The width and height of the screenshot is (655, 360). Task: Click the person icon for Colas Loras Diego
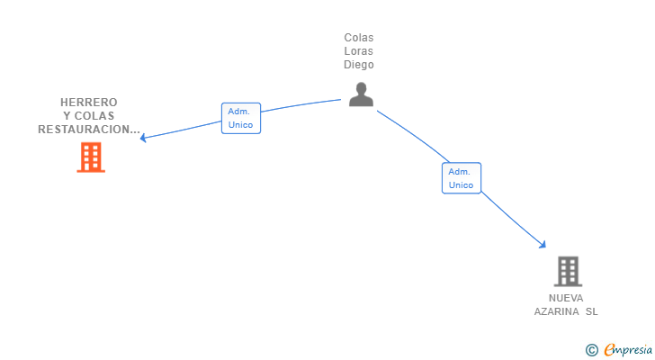click(361, 94)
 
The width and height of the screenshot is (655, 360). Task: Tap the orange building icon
click(91, 157)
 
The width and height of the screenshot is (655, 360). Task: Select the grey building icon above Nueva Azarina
click(567, 271)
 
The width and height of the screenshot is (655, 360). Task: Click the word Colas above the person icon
click(359, 38)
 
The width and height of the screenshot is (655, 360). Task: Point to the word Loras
click(359, 51)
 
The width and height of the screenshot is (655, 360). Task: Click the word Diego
click(359, 65)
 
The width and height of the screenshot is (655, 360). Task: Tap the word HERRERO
click(89, 103)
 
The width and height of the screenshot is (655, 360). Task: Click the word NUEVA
click(566, 298)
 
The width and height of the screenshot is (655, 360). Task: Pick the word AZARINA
click(557, 311)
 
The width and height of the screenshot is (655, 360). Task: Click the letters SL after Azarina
click(591, 311)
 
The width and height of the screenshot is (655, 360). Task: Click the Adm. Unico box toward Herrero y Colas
click(241, 118)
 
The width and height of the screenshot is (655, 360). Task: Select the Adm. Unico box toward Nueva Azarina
click(461, 178)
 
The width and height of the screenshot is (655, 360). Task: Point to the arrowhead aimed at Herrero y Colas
click(143, 139)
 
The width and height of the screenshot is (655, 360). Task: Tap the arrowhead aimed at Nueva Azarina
click(543, 244)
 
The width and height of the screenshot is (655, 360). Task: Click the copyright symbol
click(591, 349)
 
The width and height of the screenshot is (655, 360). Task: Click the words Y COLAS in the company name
click(89, 116)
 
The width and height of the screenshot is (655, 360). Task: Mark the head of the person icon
click(361, 88)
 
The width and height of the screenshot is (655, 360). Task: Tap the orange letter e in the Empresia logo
click(609, 350)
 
